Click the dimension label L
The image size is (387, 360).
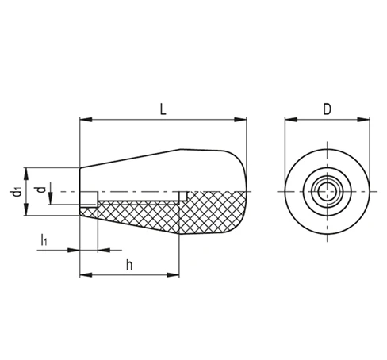pyautogui.click(x=163, y=109)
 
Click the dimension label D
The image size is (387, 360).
pyautogui.click(x=328, y=109)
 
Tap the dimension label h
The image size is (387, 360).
pyautogui.click(x=129, y=265)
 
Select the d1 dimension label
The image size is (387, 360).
pyautogui.click(x=17, y=192)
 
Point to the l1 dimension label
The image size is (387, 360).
pyautogui.click(x=44, y=239)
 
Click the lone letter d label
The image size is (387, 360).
pyautogui.click(x=41, y=190)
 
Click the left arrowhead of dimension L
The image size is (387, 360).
pyautogui.click(x=86, y=120)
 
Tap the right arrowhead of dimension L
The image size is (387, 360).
pyautogui.click(x=240, y=120)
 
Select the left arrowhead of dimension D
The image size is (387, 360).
pyautogui.click(x=291, y=120)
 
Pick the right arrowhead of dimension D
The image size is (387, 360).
pyautogui.click(x=363, y=120)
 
